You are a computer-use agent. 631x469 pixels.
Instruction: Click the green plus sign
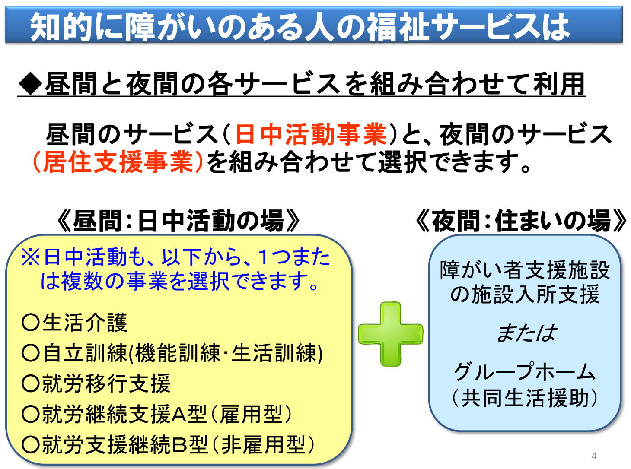390,334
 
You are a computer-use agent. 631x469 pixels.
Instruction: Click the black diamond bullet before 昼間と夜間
30,84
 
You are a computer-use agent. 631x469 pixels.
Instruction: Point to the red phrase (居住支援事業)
118,162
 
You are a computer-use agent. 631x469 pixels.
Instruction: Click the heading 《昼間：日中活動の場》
178,221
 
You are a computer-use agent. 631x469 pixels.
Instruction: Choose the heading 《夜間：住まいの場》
521,221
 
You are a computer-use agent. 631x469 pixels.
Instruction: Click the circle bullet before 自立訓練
30,353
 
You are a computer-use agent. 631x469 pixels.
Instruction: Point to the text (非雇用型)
263,444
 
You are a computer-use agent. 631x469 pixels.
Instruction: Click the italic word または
526,333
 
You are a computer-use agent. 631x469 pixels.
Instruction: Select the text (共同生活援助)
524,398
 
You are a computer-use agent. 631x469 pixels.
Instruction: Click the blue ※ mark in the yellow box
31,257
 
